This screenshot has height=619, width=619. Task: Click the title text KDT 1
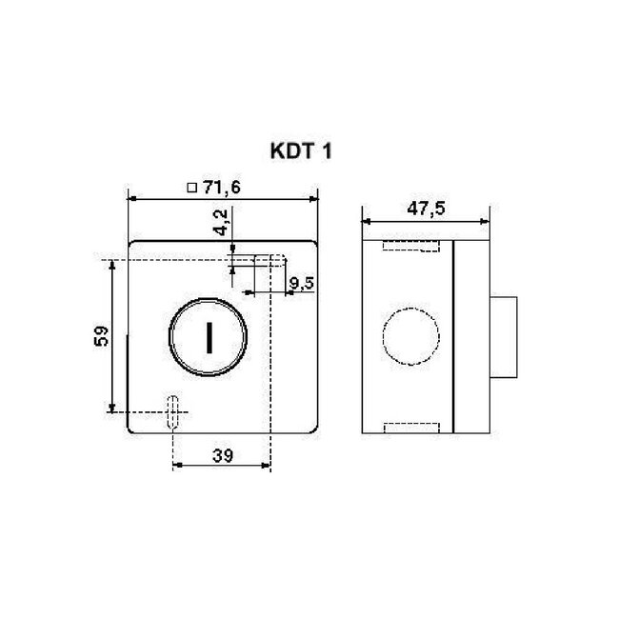[x=298, y=150]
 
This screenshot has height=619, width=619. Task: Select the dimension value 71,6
[x=220, y=189]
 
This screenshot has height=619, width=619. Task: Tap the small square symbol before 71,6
[x=191, y=189]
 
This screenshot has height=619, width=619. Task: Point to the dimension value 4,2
[x=221, y=225]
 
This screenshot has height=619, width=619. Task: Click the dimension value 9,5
[x=302, y=283]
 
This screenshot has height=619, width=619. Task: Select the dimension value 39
[x=221, y=456]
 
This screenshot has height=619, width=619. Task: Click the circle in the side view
[x=411, y=336]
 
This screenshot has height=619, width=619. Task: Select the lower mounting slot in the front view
[x=172, y=411]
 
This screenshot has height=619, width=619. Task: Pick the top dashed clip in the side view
[x=410, y=247]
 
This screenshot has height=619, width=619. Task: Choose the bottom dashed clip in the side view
[x=410, y=427]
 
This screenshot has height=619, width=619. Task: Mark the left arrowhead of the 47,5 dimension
[x=366, y=221]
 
